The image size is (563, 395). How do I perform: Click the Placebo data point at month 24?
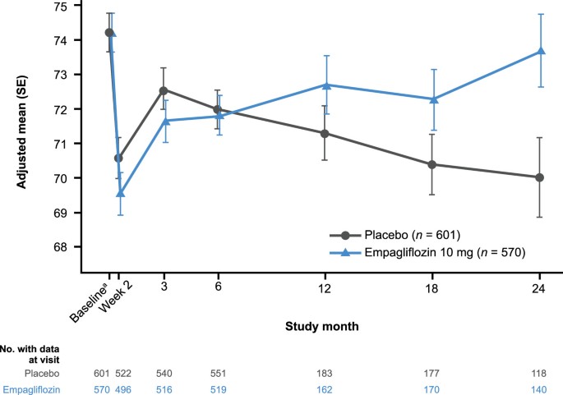[539, 177]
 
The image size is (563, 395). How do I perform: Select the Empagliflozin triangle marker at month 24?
[539, 51]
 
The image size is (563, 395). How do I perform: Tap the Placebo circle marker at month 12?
[325, 133]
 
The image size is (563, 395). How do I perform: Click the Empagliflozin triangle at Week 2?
[121, 193]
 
